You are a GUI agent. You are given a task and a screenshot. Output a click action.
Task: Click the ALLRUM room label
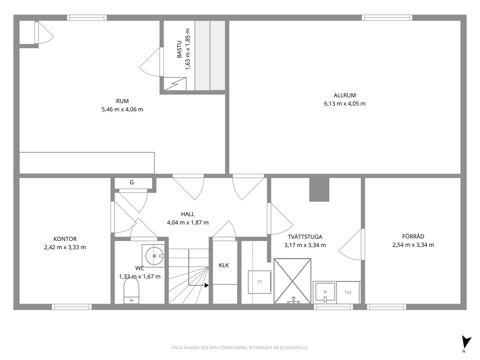345,95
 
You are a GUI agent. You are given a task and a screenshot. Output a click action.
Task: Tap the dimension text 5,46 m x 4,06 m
122,109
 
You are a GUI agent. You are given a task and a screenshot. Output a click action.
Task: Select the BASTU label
180,49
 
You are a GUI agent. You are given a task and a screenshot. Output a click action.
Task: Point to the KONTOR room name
65,239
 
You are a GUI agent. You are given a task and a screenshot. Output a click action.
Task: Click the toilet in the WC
131,290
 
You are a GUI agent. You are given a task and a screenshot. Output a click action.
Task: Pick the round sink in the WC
154,255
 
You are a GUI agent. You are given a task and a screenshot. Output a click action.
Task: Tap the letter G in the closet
132,182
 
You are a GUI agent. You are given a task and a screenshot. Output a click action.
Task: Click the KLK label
224,266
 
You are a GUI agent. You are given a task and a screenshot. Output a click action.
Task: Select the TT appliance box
259,282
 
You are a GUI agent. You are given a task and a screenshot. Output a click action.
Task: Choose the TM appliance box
348,293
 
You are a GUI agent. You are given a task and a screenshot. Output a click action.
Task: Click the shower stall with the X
293,281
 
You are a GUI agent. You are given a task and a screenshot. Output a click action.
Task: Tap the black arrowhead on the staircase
207,285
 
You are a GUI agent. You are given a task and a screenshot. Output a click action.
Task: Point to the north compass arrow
466,342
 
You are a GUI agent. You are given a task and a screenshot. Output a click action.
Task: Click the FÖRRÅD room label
413,237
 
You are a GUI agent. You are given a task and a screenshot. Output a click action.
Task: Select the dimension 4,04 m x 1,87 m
188,223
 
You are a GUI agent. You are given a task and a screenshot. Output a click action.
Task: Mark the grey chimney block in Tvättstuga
319,189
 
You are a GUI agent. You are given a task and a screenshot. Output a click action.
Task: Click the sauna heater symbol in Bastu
175,84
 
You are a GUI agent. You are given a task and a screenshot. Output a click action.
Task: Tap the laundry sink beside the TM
325,292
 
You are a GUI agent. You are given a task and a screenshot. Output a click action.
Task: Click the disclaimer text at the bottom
240,348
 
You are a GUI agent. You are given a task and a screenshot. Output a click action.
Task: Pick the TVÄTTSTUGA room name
305,237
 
